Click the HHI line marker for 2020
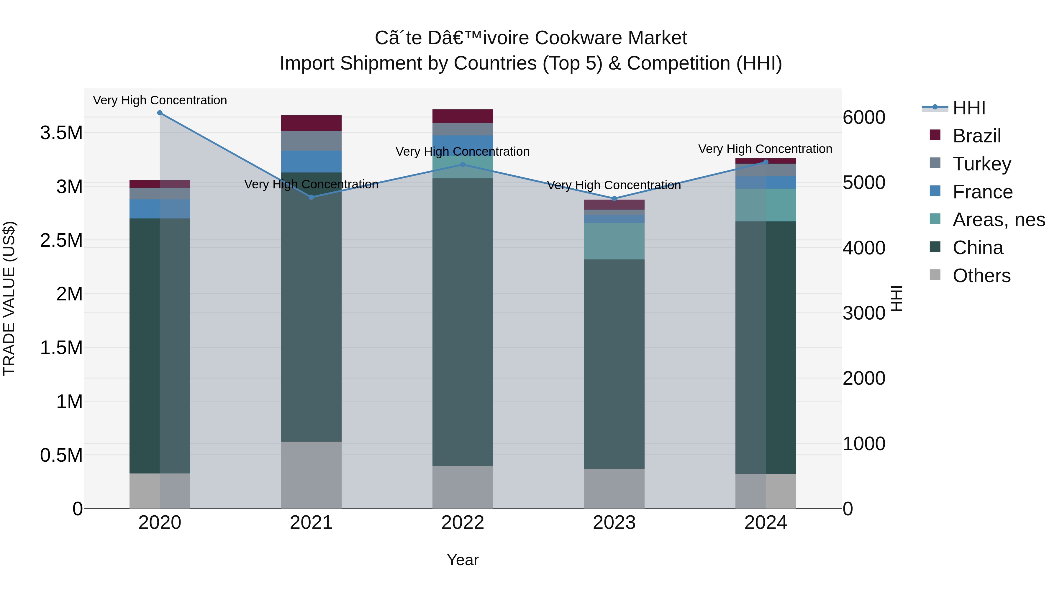pos(160,113)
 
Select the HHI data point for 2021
pos(311,197)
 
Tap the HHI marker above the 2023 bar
pos(614,199)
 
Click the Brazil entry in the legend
pos(976,136)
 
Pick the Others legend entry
pos(981,276)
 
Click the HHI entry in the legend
pos(969,108)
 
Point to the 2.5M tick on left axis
pos(61,241)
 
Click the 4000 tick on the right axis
pos(864,248)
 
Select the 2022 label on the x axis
pos(463,523)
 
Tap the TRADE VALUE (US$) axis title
pos(9,298)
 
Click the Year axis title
pos(463,560)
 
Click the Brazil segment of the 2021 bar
pos(311,123)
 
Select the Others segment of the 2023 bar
pos(614,489)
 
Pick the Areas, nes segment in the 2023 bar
pos(614,241)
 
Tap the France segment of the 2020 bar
pos(160,209)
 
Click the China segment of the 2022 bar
pos(463,321)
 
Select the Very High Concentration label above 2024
pos(765,149)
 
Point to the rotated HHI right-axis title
pos(896,298)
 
